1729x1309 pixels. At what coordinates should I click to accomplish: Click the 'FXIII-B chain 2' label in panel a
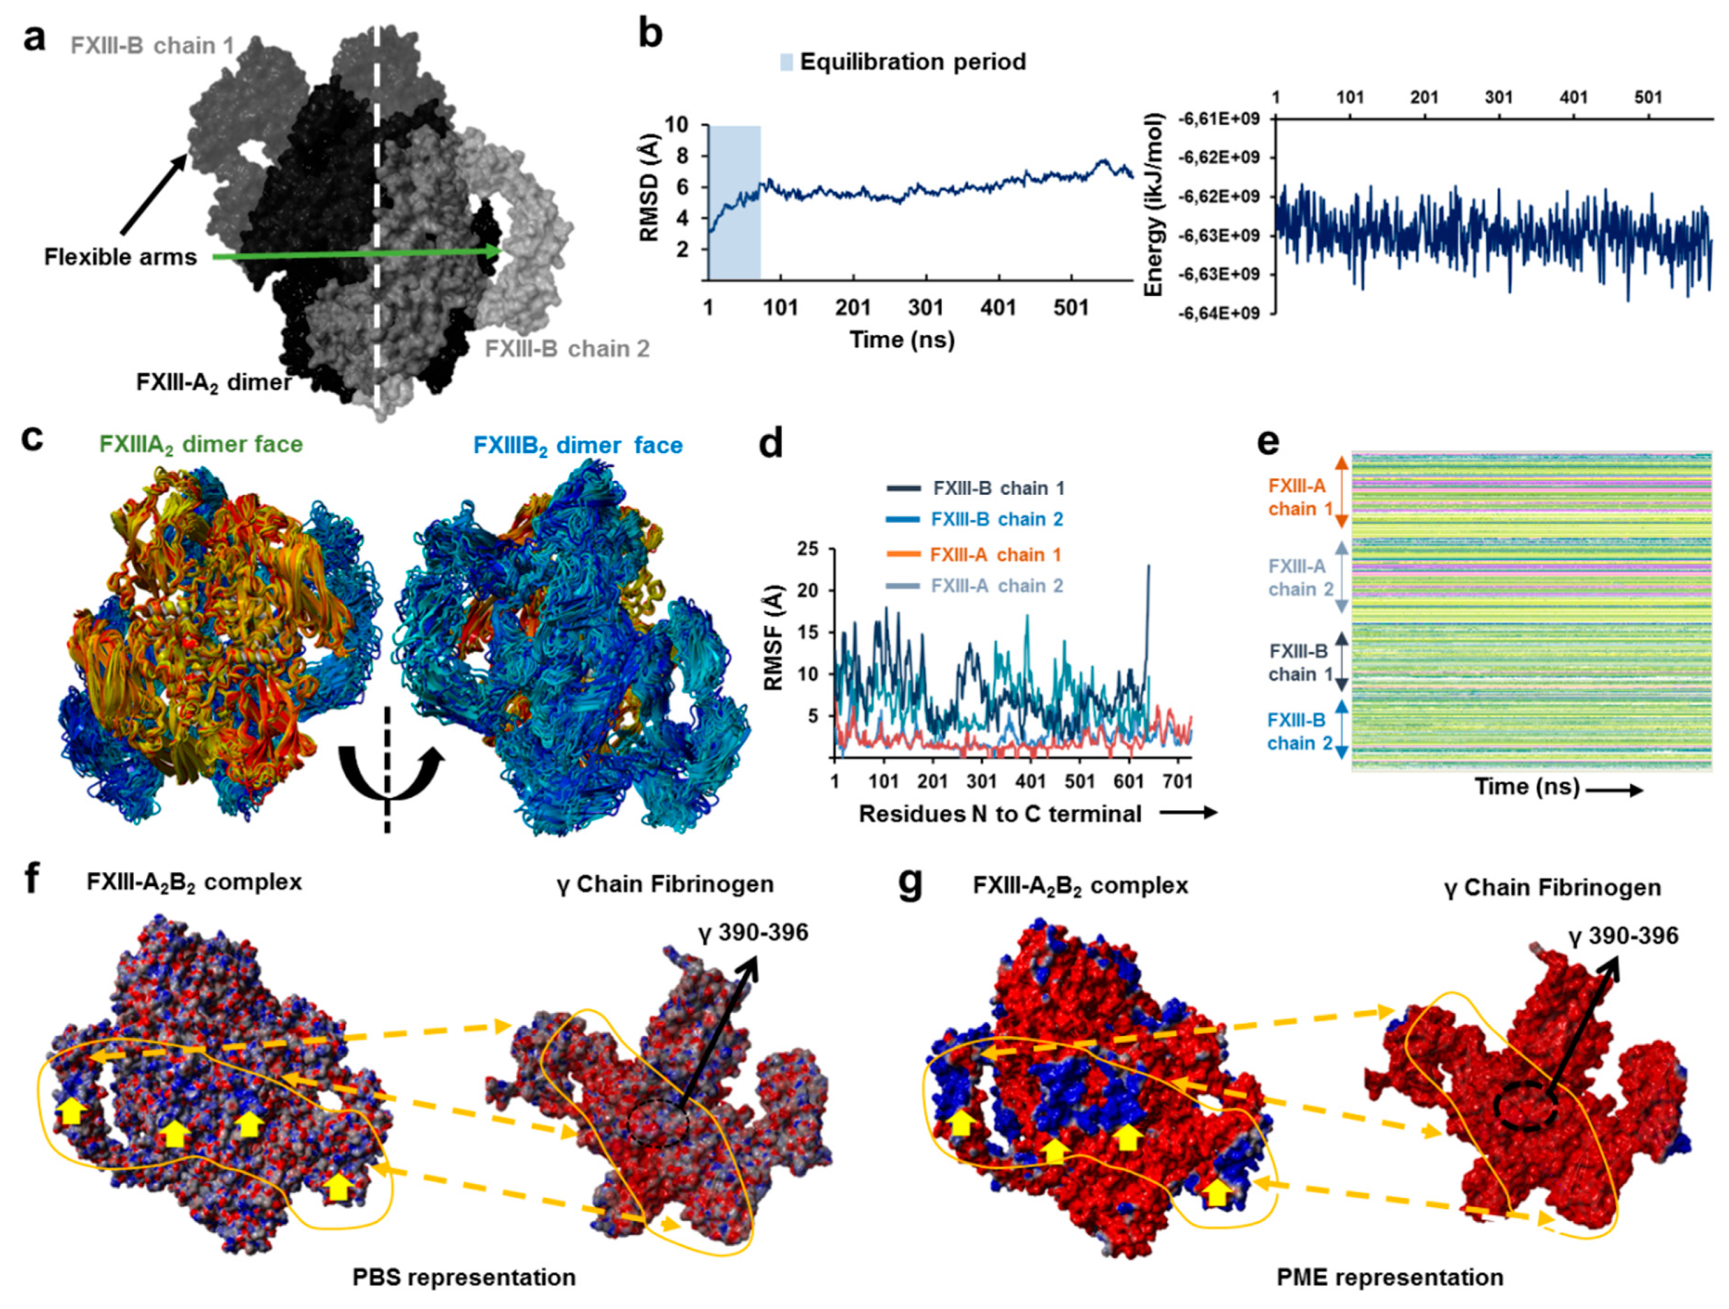tap(567, 349)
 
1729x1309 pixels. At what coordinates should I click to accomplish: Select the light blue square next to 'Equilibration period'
tap(786, 62)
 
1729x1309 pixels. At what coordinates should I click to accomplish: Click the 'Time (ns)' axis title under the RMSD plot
tap(902, 339)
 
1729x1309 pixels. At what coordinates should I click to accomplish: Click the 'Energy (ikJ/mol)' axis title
tap(1153, 205)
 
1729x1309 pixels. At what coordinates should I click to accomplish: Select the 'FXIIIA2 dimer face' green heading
tap(201, 444)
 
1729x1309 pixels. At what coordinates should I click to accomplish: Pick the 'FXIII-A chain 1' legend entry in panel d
tap(996, 555)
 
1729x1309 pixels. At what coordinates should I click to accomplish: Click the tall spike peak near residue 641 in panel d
tap(1148, 566)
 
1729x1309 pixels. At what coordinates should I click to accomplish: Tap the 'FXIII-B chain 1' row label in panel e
tap(1297, 662)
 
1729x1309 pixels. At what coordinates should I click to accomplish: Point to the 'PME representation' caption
tap(1390, 1277)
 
